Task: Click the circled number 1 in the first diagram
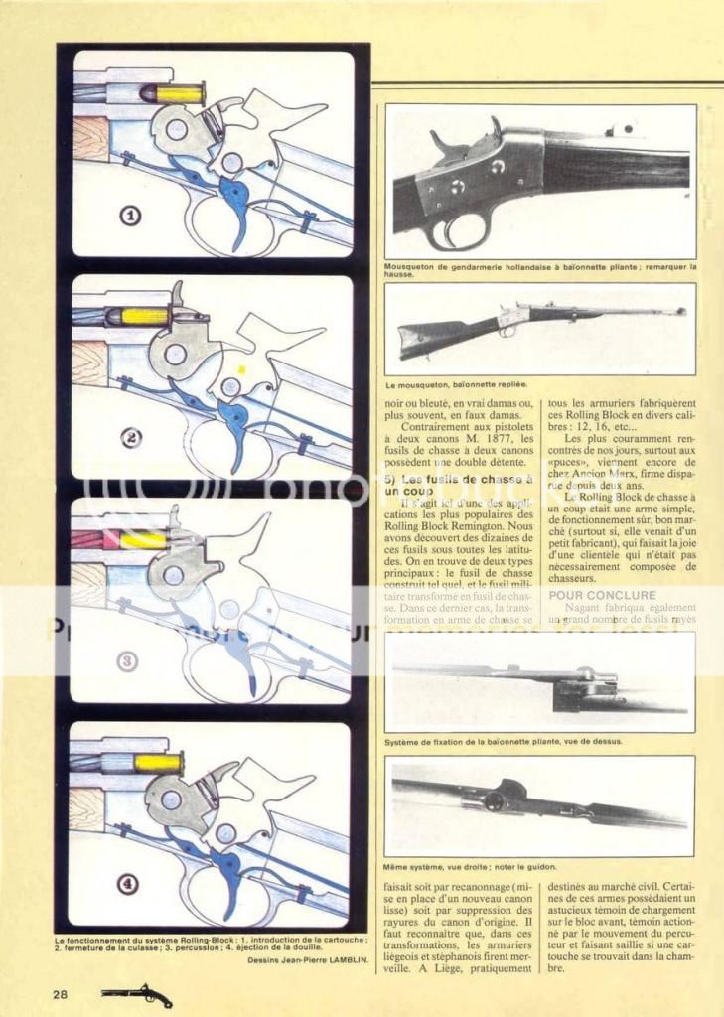tap(130, 213)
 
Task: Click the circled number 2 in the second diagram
tap(130, 436)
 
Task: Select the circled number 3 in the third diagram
tap(129, 660)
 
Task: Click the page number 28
tap(61, 994)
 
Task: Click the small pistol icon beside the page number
tap(136, 994)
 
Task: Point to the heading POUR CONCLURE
tap(589, 595)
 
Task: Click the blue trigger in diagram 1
tap(237, 204)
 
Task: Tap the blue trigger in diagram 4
tap(229, 874)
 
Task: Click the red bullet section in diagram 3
tap(93, 539)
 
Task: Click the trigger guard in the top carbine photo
tap(458, 233)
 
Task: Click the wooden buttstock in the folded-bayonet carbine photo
tap(433, 335)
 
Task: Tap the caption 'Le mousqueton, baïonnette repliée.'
tap(456, 382)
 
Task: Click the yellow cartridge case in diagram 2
tap(143, 317)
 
